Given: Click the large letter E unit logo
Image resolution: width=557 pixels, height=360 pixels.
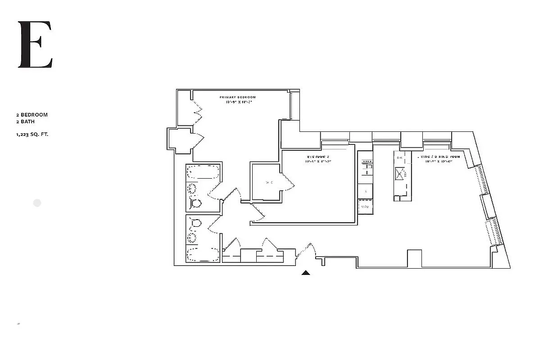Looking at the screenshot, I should click(35, 45).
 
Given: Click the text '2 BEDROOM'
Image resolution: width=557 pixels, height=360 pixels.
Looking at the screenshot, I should click(32, 115).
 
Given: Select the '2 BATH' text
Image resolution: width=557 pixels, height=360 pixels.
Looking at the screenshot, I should click(25, 121).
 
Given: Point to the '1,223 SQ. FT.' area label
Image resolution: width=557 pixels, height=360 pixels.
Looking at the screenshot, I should click(32, 134).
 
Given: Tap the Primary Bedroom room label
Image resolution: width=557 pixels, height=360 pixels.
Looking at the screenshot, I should click(237, 97).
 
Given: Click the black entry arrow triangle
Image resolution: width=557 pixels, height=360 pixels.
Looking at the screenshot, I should click(306, 272).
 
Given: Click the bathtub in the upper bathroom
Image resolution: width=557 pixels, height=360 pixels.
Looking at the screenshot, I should click(203, 172).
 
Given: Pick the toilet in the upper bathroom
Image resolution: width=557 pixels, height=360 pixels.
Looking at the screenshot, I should click(195, 203).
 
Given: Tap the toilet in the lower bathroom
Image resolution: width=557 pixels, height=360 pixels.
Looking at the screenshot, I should click(195, 223).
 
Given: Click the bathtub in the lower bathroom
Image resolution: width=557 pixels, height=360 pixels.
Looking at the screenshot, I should click(203, 254).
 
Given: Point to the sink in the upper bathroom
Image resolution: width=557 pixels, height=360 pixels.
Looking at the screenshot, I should click(192, 189).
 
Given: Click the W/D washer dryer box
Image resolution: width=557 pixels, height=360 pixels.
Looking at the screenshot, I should click(365, 207).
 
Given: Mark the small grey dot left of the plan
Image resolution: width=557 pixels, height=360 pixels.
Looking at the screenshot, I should click(37, 203).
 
